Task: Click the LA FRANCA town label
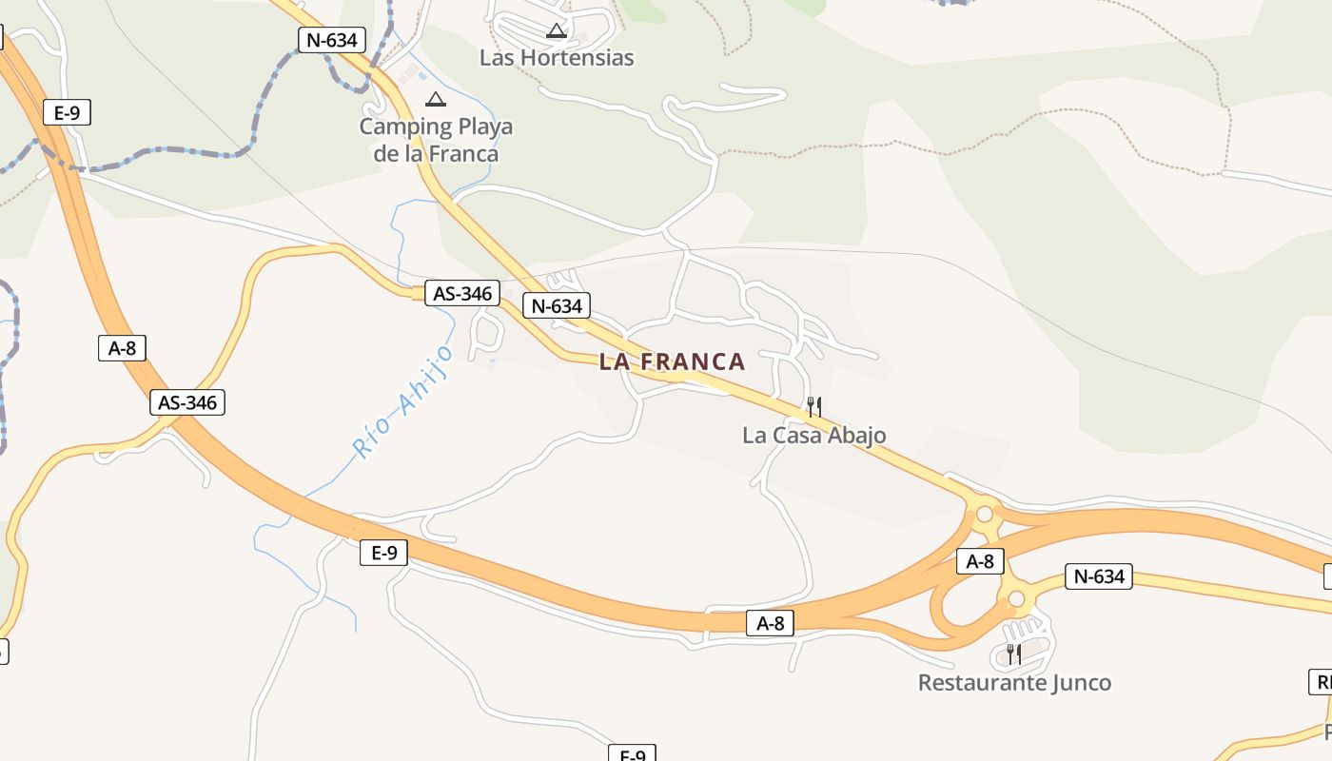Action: (672, 361)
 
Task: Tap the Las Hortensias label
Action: (556, 57)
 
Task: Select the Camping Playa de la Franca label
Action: (436, 140)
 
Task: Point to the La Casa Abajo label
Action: (813, 436)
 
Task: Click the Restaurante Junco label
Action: (1014, 682)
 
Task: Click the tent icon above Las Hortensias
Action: (557, 31)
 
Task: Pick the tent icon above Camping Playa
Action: (436, 99)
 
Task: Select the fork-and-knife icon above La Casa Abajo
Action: (813, 407)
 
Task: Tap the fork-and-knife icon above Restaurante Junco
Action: (1014, 654)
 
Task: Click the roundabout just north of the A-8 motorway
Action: (985, 515)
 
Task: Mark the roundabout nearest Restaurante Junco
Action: (1016, 598)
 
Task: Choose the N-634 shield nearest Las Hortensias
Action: (332, 40)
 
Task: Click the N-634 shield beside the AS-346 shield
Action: (557, 306)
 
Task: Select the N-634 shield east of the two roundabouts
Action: (1099, 576)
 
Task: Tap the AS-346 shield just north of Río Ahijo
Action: (463, 293)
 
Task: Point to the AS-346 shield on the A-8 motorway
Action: (187, 402)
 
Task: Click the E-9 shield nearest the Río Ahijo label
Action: (383, 553)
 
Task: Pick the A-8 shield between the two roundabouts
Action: (980, 561)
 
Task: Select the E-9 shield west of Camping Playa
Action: (68, 113)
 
